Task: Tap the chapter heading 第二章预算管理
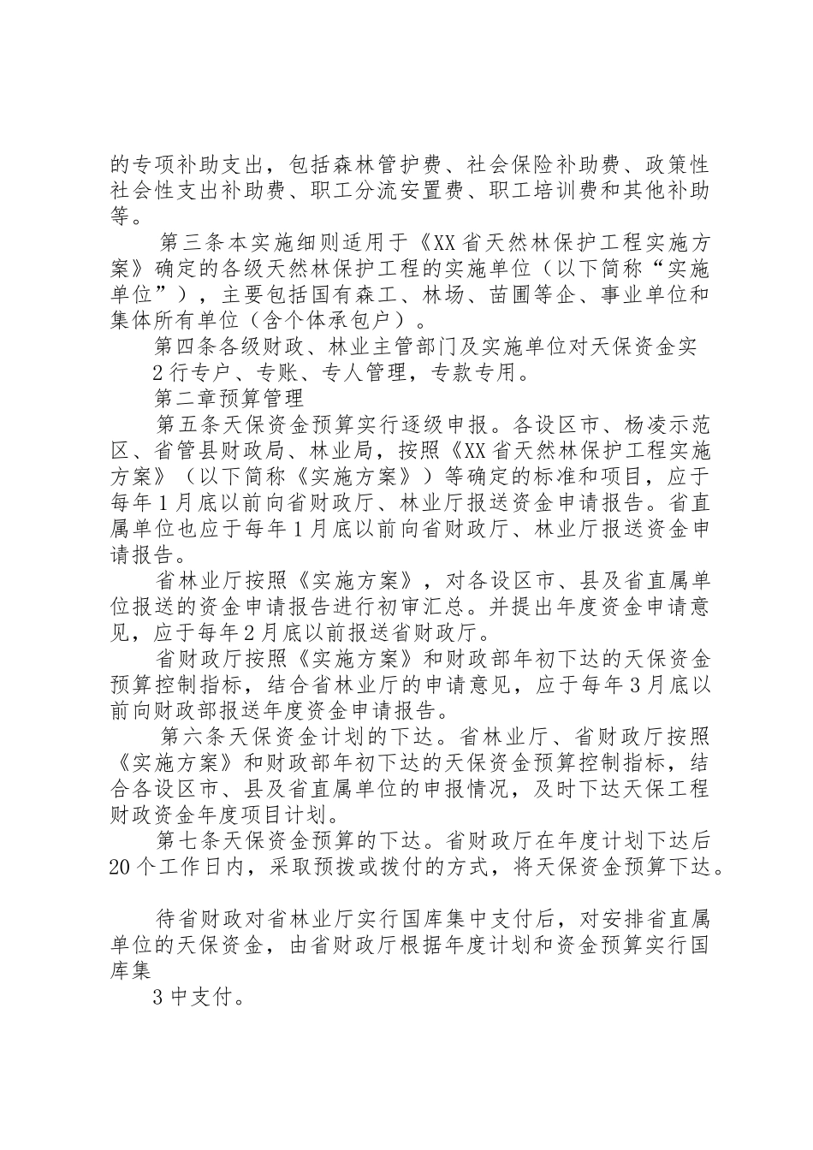pyautogui.click(x=228, y=399)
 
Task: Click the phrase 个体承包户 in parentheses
pyautogui.click(x=337, y=321)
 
